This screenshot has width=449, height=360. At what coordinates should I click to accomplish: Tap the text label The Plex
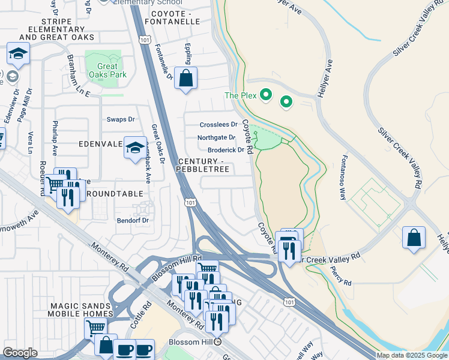[240, 95]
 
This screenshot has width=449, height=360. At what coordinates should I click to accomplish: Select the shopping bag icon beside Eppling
[185, 79]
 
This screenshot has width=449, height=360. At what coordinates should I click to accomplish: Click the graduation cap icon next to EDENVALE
[136, 148]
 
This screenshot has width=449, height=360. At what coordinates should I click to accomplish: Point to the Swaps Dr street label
[121, 119]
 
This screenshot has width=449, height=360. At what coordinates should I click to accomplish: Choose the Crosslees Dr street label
[219, 125]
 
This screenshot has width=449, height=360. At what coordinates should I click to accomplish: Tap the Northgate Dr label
[216, 137]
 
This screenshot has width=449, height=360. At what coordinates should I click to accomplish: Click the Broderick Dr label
[226, 150]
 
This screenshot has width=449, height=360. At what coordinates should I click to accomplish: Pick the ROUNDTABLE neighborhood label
[115, 194]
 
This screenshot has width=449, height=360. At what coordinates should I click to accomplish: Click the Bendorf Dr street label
[132, 220]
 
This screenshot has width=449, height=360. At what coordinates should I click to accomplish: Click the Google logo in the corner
[20, 353]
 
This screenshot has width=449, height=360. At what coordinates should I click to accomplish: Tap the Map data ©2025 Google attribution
[412, 355]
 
